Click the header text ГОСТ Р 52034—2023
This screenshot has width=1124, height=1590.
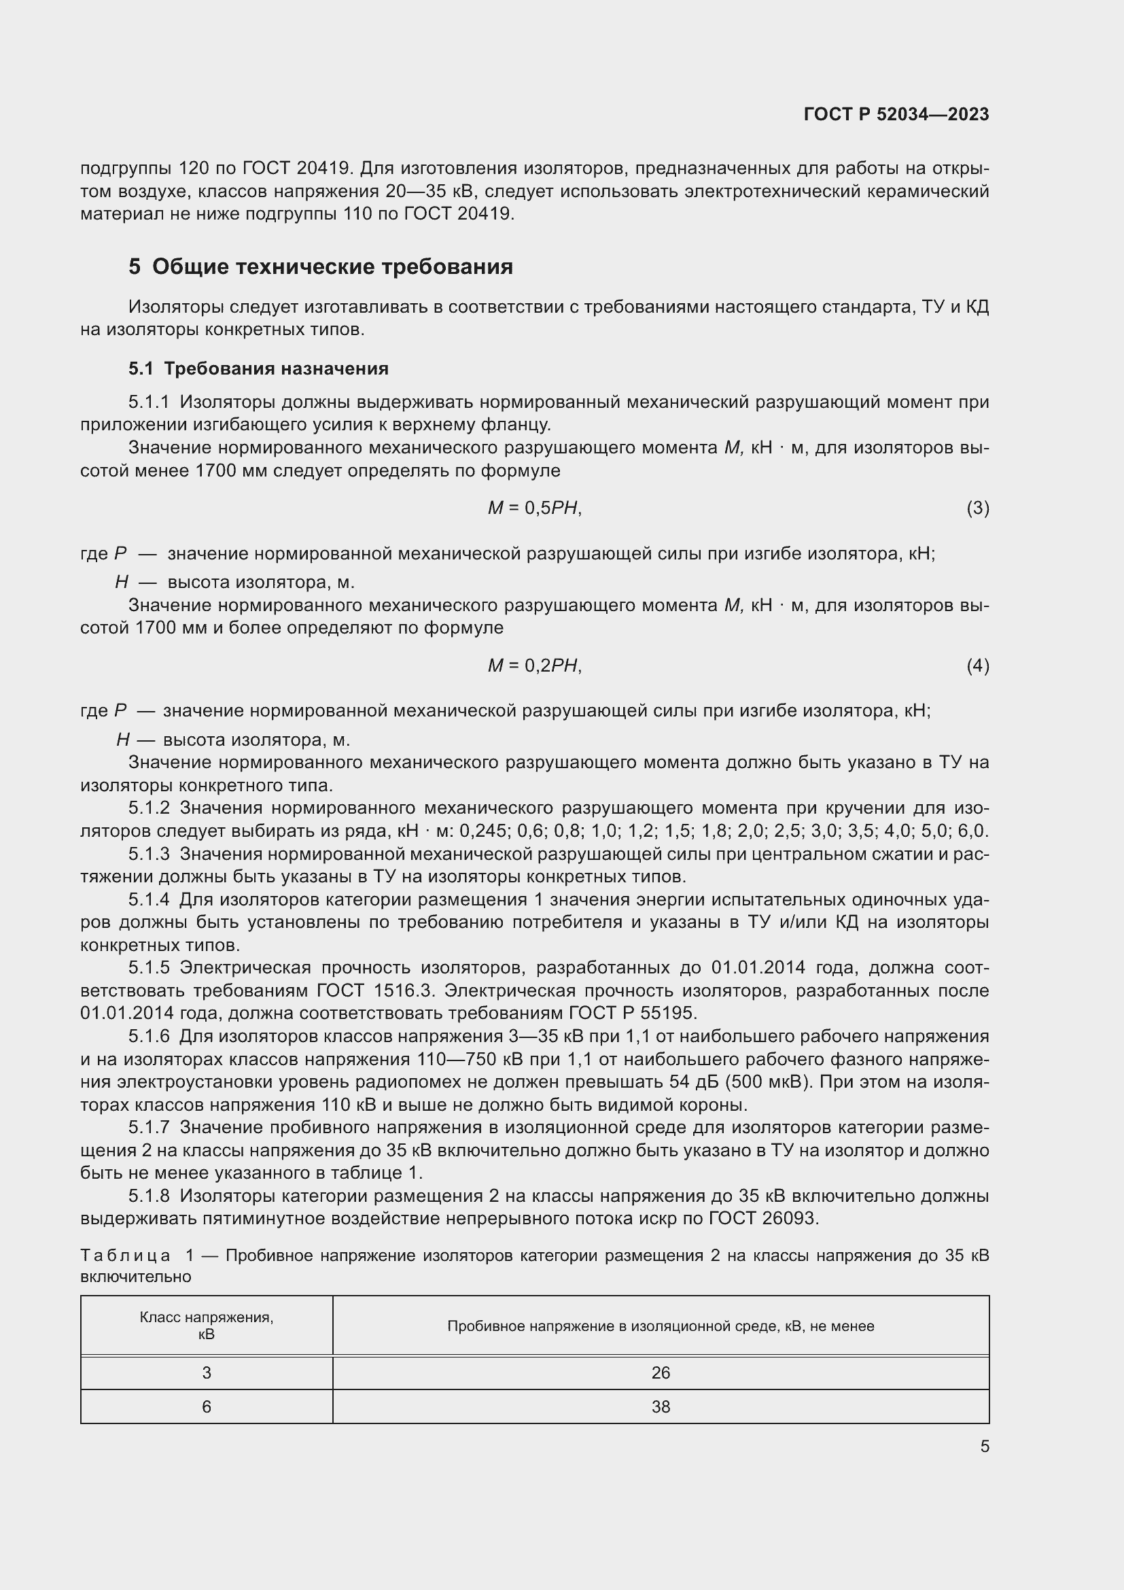896,114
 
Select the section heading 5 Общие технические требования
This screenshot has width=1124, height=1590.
321,266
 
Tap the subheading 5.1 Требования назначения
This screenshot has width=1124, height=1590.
258,368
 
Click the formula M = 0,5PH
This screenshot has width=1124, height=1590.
534,508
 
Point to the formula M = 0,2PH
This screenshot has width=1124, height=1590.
534,666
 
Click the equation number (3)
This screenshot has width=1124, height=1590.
977,508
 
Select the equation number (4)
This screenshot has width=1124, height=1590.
977,666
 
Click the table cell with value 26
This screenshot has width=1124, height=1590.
661,1372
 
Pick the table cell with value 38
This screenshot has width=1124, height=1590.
661,1406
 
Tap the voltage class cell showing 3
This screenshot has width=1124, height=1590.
207,1372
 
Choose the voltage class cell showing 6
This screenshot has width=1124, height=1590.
207,1406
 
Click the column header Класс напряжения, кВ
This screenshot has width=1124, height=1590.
207,1326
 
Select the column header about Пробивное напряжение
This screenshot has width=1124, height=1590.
661,1326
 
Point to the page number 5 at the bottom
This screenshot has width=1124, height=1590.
984,1446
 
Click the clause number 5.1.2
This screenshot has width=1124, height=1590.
149,808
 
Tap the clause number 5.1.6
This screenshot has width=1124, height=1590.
149,1037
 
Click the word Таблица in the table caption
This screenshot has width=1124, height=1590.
125,1256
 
